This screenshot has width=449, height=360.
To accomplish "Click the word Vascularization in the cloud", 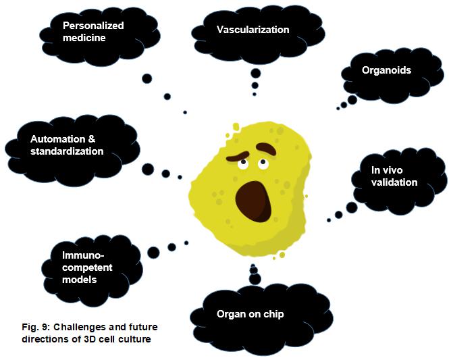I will pos(253,30).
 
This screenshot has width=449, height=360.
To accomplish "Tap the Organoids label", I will pos(387,70).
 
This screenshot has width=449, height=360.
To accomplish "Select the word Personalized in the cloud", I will pos(93,26).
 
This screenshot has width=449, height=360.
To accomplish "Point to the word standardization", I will pos(67,151).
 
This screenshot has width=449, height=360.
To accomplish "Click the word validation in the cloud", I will pos(394,182).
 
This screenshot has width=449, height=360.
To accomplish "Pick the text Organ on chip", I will pos(250,314).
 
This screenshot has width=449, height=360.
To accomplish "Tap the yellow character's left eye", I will pos(242,162).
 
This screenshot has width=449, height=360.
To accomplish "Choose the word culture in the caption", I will pos(132,339).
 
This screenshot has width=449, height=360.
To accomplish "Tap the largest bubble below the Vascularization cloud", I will pos(255,73).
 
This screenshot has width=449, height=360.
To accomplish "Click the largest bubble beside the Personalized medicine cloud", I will pos(147,78).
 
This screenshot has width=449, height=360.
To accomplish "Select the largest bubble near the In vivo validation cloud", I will pos(351,207).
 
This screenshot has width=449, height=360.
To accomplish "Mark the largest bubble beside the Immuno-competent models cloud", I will pos(153,253).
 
